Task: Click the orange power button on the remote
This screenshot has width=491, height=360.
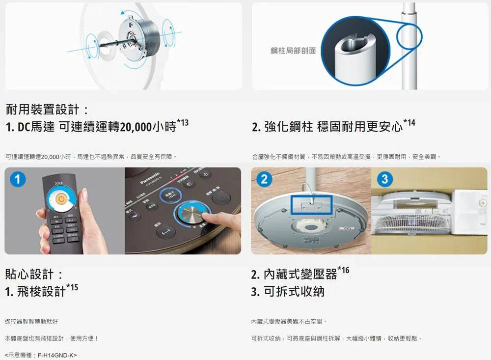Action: pyautogui.click(x=60, y=199)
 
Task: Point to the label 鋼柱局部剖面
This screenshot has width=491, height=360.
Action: pyautogui.click(x=293, y=51)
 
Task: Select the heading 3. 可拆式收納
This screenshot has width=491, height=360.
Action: pyautogui.click(x=288, y=291)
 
